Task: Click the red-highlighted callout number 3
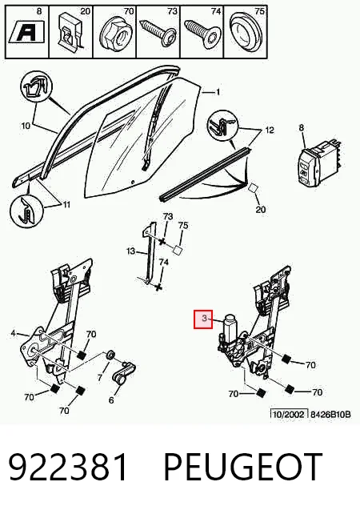[x=204, y=319]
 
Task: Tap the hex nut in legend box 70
[x=114, y=36]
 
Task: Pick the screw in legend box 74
[x=202, y=34]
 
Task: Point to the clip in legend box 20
[x=70, y=34]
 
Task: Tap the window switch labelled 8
[x=319, y=162]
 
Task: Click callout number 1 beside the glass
[x=218, y=92]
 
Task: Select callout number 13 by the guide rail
[x=130, y=251]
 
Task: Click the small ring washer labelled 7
[x=110, y=355]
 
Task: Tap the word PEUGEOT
[x=243, y=466]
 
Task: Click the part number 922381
[x=67, y=467]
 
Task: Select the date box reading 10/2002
[x=289, y=415]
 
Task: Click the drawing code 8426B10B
[x=330, y=415]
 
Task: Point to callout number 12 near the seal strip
[x=270, y=131]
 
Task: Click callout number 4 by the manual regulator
[x=13, y=333]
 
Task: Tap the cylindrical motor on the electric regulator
[x=230, y=327]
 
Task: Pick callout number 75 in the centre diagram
[x=183, y=225]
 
